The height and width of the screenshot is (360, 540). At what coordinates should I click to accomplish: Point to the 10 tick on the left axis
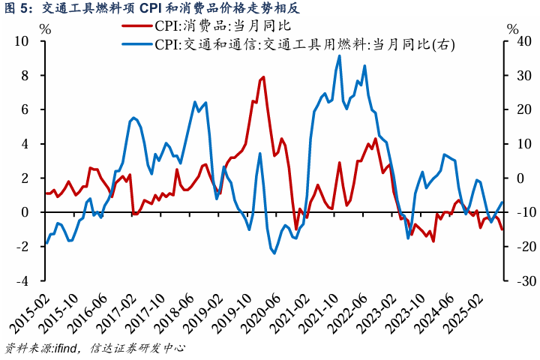tap(24, 41)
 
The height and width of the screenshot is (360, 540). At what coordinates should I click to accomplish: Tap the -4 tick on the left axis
tap(24, 280)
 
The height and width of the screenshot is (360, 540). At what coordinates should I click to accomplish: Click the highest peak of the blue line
tap(340, 55)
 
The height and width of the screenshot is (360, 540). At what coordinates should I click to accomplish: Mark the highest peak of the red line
tap(263, 77)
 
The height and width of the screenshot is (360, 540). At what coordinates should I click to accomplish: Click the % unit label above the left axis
tap(44, 30)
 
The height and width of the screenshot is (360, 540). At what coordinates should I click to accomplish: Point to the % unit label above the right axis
tap(512, 30)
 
